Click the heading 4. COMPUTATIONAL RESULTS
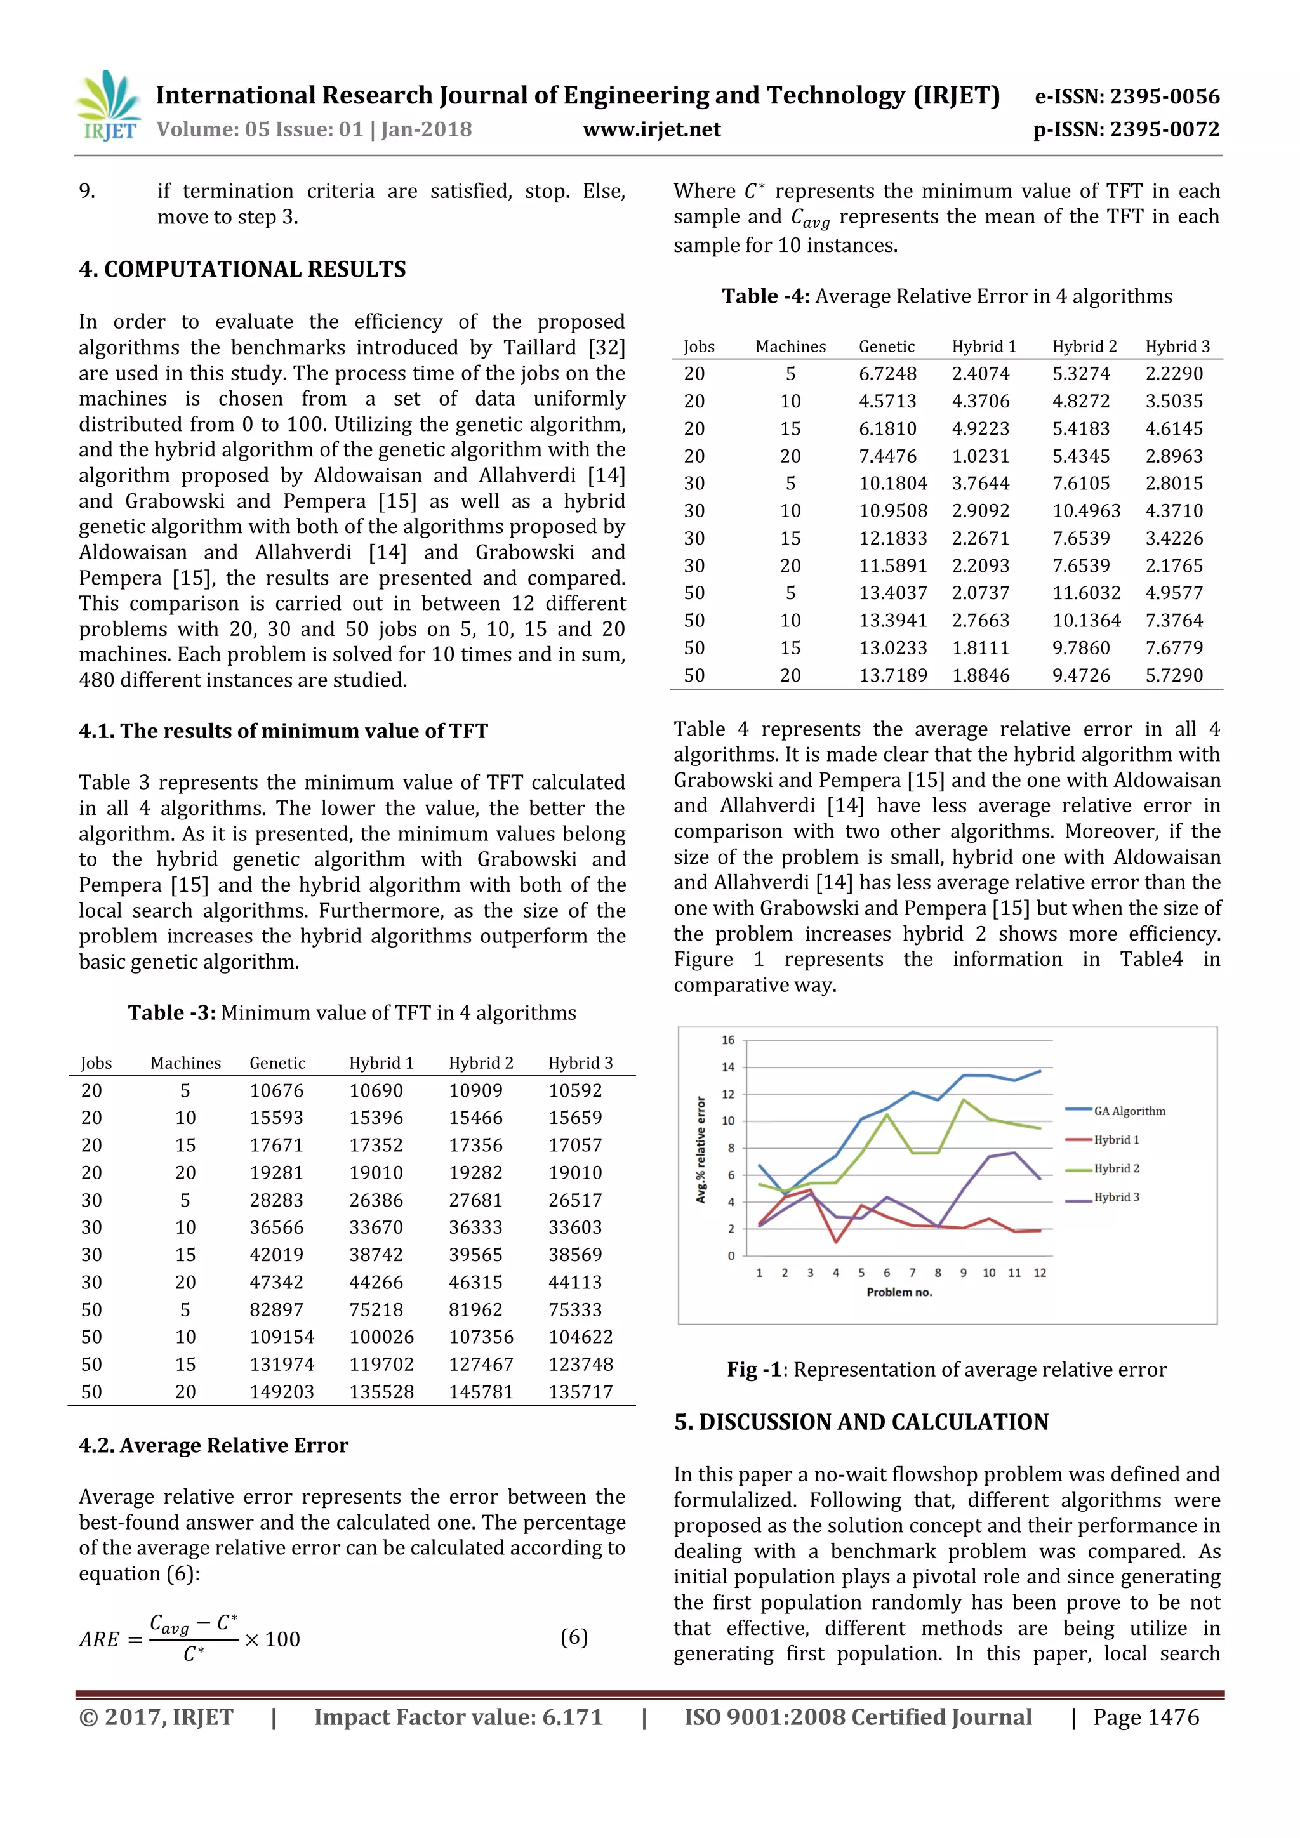(x=242, y=269)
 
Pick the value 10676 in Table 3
(x=276, y=1090)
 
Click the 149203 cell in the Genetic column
(x=282, y=1391)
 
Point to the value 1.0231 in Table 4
(x=981, y=456)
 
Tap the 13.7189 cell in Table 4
(x=892, y=676)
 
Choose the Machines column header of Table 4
(x=790, y=347)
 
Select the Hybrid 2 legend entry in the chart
(x=1116, y=1169)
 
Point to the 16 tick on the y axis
(x=727, y=1040)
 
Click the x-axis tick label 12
(x=1040, y=1273)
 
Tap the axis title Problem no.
(x=899, y=1292)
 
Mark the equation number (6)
(x=574, y=1637)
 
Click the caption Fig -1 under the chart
(x=946, y=1370)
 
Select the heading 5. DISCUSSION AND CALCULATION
(x=861, y=1422)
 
